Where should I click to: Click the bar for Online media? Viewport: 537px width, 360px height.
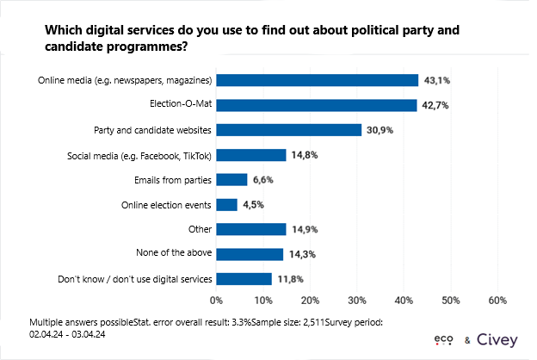(x=317, y=80)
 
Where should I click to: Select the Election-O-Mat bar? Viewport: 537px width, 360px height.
(x=316, y=105)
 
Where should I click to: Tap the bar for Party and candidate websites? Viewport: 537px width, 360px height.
(x=288, y=130)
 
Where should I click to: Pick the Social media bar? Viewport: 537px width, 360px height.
(x=250, y=155)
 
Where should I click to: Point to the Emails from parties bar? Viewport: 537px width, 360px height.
(x=231, y=180)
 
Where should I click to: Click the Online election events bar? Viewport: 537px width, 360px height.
(x=226, y=205)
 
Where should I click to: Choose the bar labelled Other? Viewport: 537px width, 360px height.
(x=250, y=229)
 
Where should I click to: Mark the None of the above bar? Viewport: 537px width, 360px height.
(x=250, y=254)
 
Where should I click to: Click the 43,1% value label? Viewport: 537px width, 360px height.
(x=438, y=80)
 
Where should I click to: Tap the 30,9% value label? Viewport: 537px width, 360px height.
(x=380, y=130)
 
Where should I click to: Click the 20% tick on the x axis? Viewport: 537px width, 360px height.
(x=310, y=301)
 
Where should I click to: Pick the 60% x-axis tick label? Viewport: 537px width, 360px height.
(x=497, y=301)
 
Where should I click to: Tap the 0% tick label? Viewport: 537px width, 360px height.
(x=217, y=301)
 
